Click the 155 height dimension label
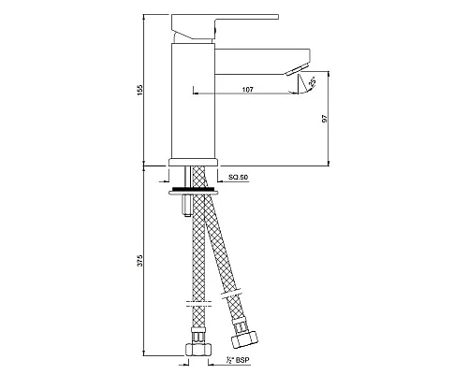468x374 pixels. pos(140,90)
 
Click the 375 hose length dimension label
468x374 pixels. pos(140,260)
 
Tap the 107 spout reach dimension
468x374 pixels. pos(247,90)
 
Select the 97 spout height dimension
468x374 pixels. pos(325,119)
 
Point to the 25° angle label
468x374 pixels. pos(313,82)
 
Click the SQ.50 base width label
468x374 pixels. pos(238,178)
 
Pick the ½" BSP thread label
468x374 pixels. pos(239,360)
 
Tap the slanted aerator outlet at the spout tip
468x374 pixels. pos(297,70)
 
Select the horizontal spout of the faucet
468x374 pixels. pos(262,62)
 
